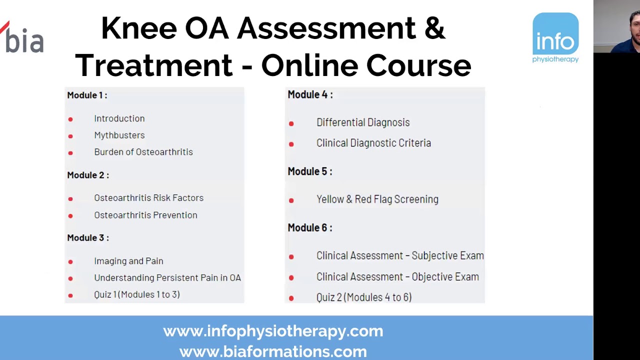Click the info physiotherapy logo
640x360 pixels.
[x=555, y=38]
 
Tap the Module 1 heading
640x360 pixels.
[x=87, y=95]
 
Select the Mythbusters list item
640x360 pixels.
[x=119, y=135]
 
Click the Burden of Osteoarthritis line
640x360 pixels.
[x=143, y=152]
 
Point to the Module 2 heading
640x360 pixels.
[x=88, y=175]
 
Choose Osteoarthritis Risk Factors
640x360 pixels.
[x=149, y=198]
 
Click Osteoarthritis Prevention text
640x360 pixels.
[x=145, y=215]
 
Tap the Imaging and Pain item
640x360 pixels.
[x=128, y=261]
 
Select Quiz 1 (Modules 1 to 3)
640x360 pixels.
[x=137, y=294]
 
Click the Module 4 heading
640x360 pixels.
[x=310, y=94]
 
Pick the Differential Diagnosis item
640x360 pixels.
[x=363, y=122]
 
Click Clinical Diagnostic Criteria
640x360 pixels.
[x=373, y=143]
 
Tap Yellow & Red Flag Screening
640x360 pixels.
[x=377, y=199]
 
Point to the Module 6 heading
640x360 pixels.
[x=310, y=227]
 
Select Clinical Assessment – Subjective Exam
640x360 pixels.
[x=400, y=255]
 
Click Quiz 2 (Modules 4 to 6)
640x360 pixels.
[x=364, y=297]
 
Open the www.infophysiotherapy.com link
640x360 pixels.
[x=273, y=331]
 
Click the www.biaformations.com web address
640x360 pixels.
[x=273, y=351]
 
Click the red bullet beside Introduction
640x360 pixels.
[x=70, y=119]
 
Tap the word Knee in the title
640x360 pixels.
[x=138, y=28]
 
